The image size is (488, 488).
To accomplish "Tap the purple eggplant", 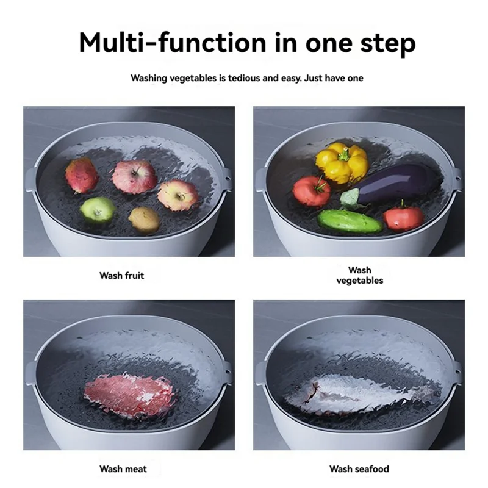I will coord(396,182).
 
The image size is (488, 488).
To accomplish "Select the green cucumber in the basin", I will coord(350,221).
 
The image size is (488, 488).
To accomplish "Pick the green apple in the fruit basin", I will coord(98,209).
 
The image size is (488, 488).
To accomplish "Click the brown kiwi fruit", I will coord(144,219).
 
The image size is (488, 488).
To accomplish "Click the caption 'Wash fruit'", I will coord(122,276).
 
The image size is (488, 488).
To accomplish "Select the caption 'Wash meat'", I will coord(123,469).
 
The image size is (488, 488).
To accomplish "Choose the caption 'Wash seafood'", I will coord(359,469).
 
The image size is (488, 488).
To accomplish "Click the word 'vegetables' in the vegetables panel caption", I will coord(360,281).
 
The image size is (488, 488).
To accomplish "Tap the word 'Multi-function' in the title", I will coord(163,43).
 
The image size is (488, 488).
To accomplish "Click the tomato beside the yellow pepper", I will coord(311,191).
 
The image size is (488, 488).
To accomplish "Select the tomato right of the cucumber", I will coord(403,218).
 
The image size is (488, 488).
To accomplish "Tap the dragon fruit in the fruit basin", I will coord(82,176).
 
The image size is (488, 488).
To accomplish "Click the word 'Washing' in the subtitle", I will coord(151,78).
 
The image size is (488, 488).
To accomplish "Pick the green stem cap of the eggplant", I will coord(350,197).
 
